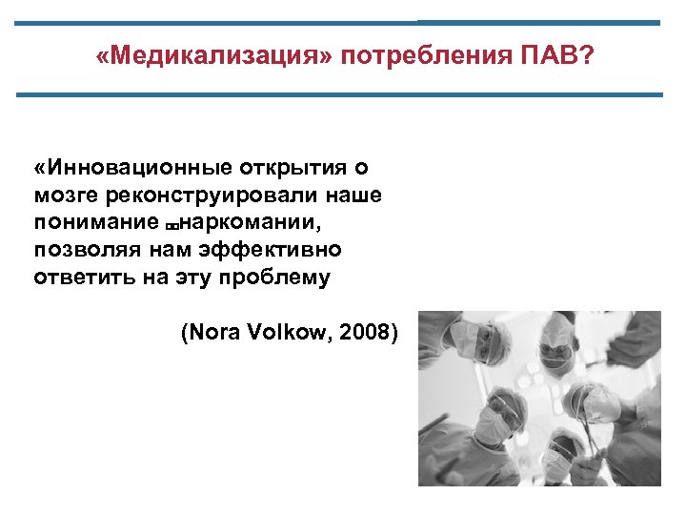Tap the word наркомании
252,223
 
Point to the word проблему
283,278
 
